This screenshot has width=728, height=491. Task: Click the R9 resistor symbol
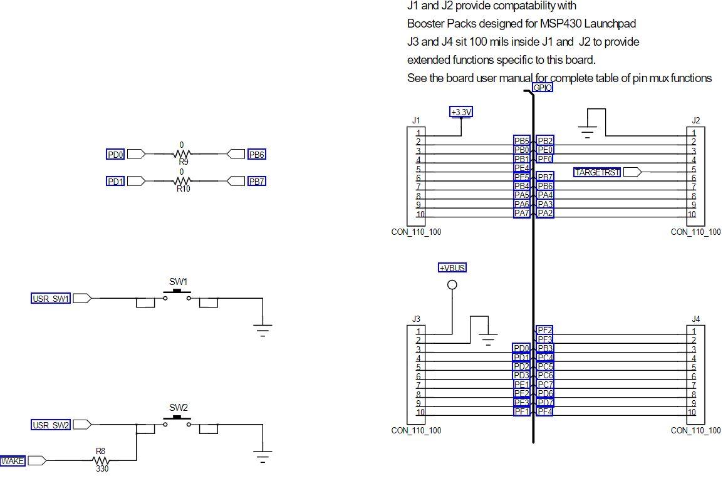pyautogui.click(x=182, y=153)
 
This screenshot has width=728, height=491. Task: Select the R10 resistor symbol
pyautogui.click(x=182, y=181)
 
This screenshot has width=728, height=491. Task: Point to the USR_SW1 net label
pyautogui.click(x=51, y=299)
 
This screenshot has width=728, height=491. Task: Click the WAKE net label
pyautogui.click(x=13, y=461)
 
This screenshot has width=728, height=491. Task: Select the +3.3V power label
pyautogui.click(x=461, y=111)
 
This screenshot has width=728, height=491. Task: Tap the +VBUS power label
pyautogui.click(x=452, y=267)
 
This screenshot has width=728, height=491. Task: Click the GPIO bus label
pyautogui.click(x=542, y=88)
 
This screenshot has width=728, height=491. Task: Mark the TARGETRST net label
pyautogui.click(x=597, y=172)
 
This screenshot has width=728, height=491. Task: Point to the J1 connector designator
pyautogui.click(x=416, y=120)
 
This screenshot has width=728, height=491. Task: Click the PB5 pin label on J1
pyautogui.click(x=522, y=141)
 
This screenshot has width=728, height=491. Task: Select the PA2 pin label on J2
pyautogui.click(x=545, y=213)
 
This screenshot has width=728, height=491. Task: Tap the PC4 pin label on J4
pyautogui.click(x=545, y=358)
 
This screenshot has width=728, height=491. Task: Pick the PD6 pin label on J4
pyautogui.click(x=545, y=393)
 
